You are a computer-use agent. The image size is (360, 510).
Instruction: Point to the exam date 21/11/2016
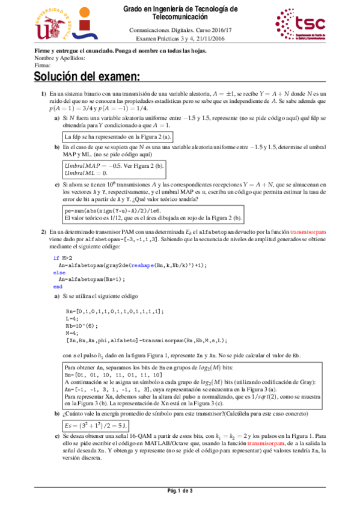(x=212, y=37)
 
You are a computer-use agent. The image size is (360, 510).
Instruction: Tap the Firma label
(x=43, y=65)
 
